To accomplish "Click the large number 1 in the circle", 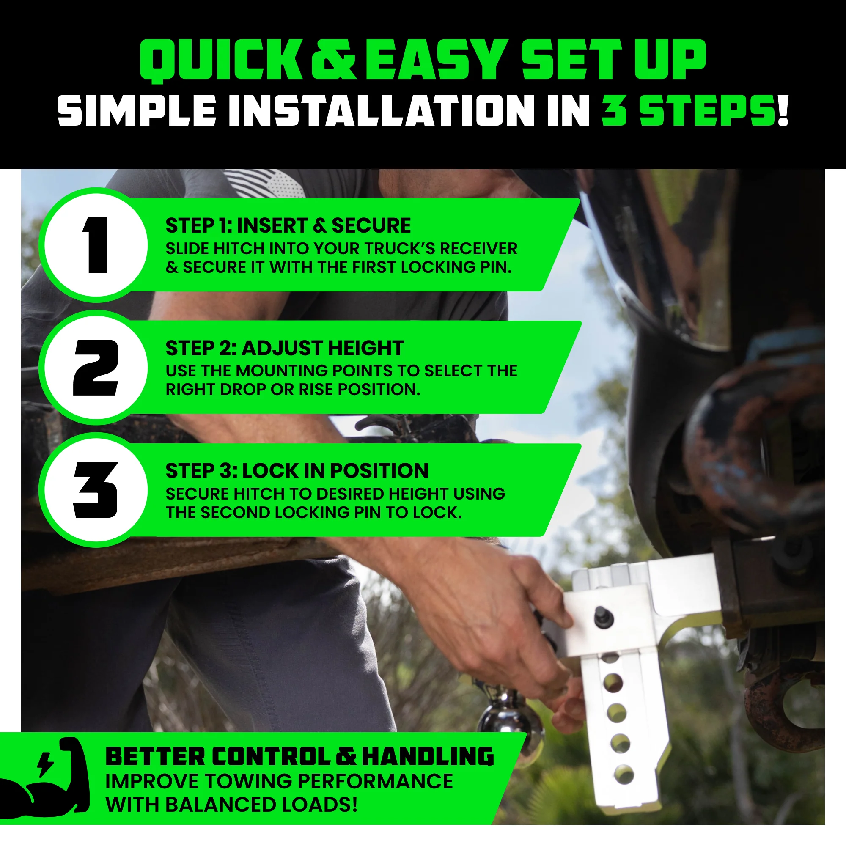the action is tap(96, 245).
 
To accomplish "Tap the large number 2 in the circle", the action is tap(96, 368).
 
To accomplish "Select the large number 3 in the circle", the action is tap(96, 490).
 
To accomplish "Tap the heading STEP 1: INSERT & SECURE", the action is tap(288, 226).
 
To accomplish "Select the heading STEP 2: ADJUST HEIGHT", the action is tap(285, 349).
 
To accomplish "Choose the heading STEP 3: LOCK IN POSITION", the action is tap(297, 471).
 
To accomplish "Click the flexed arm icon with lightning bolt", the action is tap(44, 780).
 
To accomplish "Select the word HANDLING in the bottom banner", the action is tap(428, 757).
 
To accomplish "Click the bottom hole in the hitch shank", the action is tap(624, 774).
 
